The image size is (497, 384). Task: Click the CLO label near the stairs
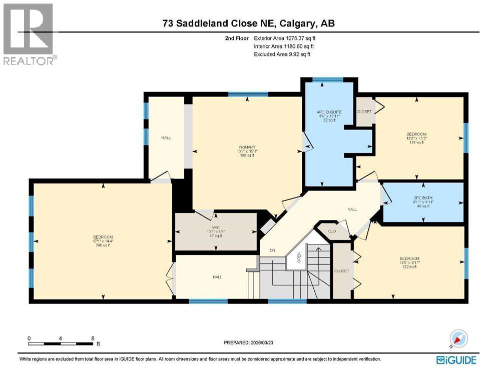(x=331, y=231)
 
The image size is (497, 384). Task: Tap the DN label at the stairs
(x=272, y=250)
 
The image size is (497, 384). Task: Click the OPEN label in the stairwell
(x=299, y=258)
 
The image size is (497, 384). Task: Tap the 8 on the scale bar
(x=93, y=338)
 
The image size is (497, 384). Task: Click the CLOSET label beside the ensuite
(x=364, y=111)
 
